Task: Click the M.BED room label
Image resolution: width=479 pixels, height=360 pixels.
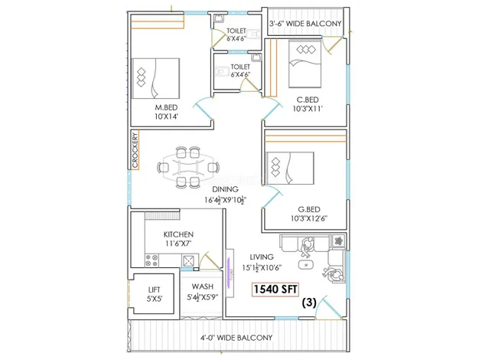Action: point(166,107)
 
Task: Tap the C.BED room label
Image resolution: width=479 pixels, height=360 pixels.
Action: point(308,100)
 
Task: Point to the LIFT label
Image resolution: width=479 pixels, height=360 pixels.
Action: point(155,289)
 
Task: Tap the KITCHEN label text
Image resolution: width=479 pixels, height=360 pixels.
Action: point(178,234)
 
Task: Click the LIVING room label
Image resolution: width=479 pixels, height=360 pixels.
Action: point(262,257)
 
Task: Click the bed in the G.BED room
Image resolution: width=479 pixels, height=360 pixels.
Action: point(290,168)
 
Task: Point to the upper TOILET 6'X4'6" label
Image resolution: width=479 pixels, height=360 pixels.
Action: point(236,35)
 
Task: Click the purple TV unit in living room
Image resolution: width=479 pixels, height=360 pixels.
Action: point(230,270)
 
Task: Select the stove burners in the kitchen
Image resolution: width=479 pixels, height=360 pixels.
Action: point(151,260)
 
